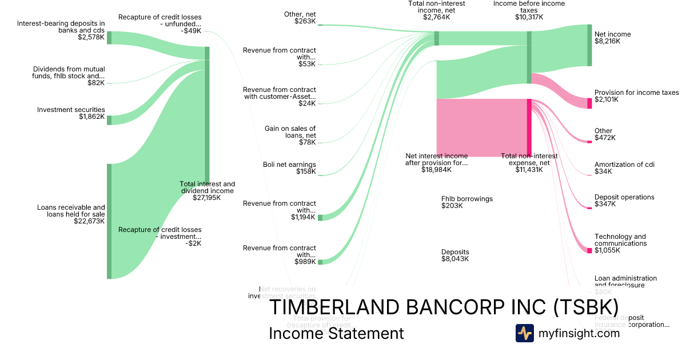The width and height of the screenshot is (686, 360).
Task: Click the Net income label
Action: [x=612, y=34]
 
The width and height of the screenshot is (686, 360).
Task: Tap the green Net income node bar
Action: [x=589, y=45]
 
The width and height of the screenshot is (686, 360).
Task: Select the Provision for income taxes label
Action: [x=636, y=93]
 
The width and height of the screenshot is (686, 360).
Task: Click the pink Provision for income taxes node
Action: [x=589, y=103]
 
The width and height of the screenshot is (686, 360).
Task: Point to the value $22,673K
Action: [x=89, y=221]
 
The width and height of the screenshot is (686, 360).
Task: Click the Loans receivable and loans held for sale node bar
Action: [x=109, y=221]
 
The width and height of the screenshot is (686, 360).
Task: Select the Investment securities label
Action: [x=71, y=110]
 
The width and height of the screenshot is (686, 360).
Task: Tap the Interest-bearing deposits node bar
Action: [x=109, y=38]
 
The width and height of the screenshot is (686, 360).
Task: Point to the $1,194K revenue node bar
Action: [x=320, y=217]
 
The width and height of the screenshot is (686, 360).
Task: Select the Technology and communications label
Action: [x=620, y=240]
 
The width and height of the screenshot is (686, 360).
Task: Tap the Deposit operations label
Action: [x=624, y=197]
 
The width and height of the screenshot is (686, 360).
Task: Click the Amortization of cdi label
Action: [x=624, y=165]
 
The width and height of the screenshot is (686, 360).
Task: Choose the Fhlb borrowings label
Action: [x=466, y=199]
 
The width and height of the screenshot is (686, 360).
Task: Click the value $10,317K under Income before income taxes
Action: [x=529, y=17]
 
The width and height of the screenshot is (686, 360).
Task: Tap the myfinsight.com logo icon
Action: [x=524, y=333]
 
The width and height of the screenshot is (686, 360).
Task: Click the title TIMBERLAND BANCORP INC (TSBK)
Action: [x=443, y=307]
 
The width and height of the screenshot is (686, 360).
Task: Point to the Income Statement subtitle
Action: [x=336, y=333]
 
